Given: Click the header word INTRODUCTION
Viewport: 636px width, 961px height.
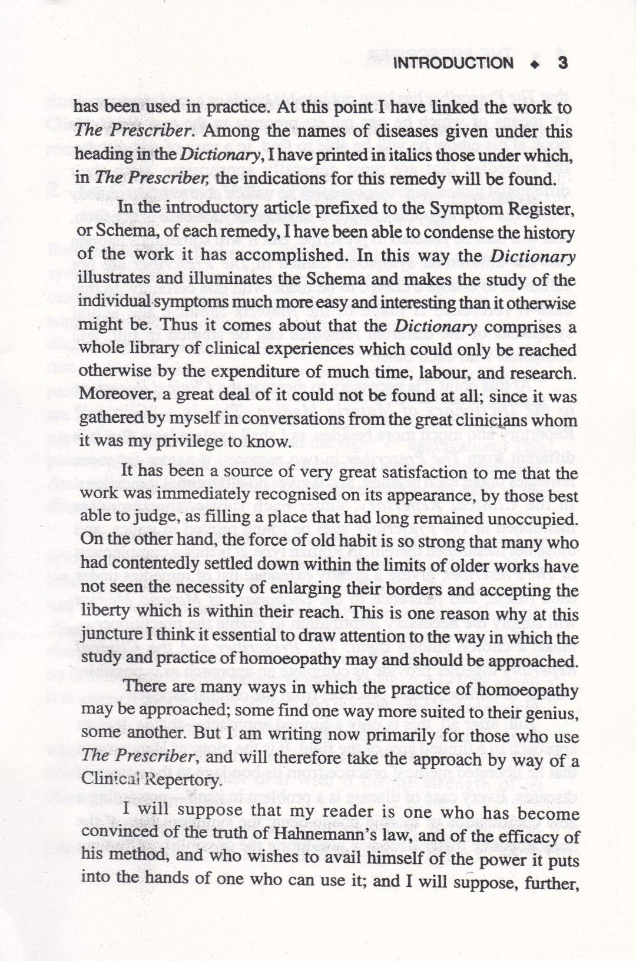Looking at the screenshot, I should pos(453,63).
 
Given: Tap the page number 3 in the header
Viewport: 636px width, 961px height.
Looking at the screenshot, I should pos(562,63).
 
